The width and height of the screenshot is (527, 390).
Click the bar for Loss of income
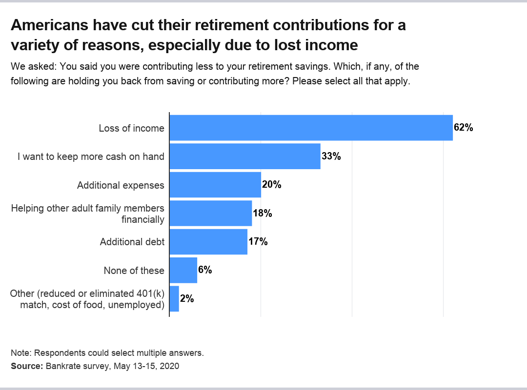click(311, 128)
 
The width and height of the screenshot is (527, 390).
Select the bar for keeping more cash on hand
click(245, 156)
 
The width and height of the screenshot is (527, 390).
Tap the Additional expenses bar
click(215, 185)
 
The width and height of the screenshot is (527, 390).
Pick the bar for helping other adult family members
click(211, 213)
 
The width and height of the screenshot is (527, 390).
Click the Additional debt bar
click(208, 242)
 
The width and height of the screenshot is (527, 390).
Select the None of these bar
click(183, 270)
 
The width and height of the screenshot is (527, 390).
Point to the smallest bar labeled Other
click(174, 299)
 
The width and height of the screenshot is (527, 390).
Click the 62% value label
click(464, 128)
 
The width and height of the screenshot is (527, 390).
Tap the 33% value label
click(331, 156)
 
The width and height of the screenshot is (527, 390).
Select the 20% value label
click(272, 185)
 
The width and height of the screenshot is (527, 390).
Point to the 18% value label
click(263, 213)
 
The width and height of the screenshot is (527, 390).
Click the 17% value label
click(258, 242)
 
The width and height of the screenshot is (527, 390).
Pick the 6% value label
click(205, 270)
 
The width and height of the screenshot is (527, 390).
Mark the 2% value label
click(187, 299)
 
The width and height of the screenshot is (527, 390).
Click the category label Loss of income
click(131, 128)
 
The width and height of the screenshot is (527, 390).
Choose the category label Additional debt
click(132, 242)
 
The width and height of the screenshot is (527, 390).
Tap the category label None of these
click(134, 271)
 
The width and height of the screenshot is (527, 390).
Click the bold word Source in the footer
click(27, 366)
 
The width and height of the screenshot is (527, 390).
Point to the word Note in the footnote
click(20, 353)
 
